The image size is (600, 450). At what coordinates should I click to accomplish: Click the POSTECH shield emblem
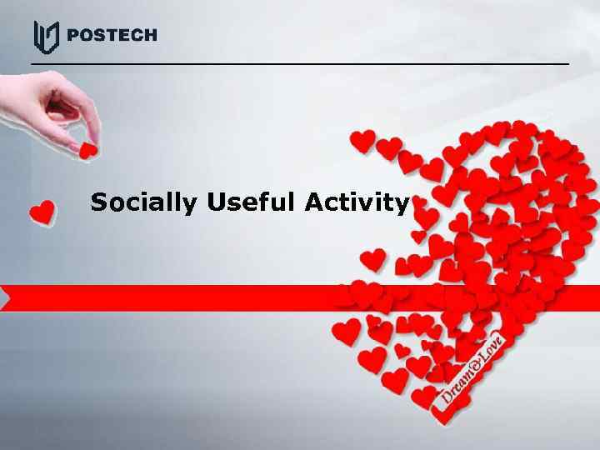[x=46, y=37]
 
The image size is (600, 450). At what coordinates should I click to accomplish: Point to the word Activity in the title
[x=357, y=202]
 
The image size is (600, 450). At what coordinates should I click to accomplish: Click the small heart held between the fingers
[x=87, y=150]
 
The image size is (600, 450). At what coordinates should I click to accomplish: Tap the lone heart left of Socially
[x=42, y=212]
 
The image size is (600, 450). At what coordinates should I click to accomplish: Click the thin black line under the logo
[x=300, y=63]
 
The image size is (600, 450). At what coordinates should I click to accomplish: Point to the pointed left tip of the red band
[x=3, y=297]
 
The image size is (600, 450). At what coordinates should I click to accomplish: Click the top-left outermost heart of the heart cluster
[x=362, y=140]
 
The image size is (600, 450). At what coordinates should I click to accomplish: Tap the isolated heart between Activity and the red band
[x=372, y=259]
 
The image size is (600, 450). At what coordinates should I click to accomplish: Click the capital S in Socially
[x=100, y=202]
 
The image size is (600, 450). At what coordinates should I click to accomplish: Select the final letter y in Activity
[x=402, y=205]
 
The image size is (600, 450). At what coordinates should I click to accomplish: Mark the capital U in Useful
[x=217, y=202]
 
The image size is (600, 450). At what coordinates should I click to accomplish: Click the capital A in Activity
[x=314, y=202]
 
